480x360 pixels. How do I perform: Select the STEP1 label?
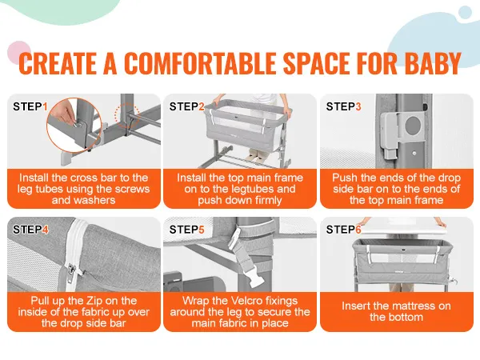click(x=30, y=106)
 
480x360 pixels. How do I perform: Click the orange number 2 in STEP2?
click(x=202, y=106)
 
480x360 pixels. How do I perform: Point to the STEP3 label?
click(x=343, y=106)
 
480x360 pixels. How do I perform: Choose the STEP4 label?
click(x=30, y=230)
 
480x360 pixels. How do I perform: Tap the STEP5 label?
click(x=186, y=230)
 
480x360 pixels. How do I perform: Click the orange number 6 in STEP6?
click(x=358, y=230)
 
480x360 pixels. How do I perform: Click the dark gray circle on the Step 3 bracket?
click(x=413, y=125)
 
